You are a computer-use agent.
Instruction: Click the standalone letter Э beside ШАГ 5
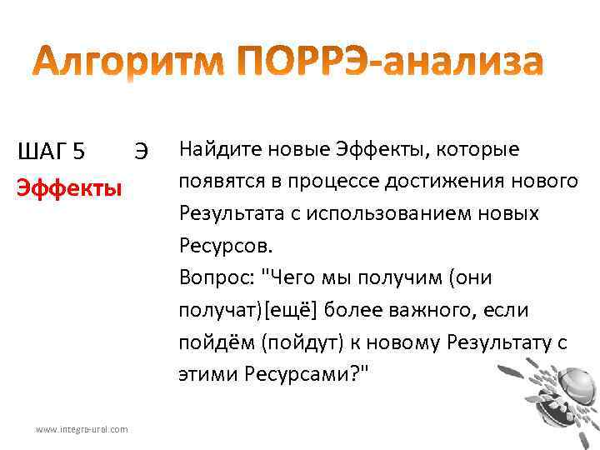tap(141, 152)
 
